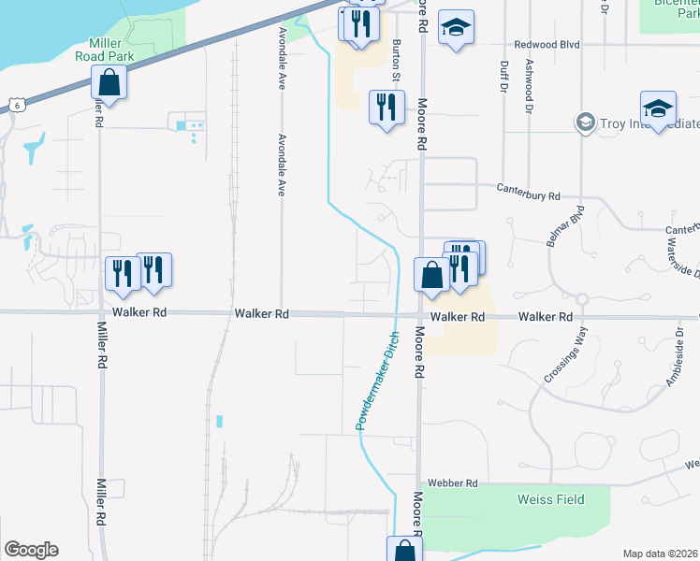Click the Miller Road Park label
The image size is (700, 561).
[112, 50]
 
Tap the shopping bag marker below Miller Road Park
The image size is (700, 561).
[109, 82]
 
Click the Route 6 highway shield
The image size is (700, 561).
[16, 104]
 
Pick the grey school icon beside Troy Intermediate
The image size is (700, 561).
[585, 122]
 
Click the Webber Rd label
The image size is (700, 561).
[452, 482]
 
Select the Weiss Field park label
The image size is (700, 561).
[551, 499]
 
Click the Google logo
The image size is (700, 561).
[31, 550]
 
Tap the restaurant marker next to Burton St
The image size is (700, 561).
[386, 108]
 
